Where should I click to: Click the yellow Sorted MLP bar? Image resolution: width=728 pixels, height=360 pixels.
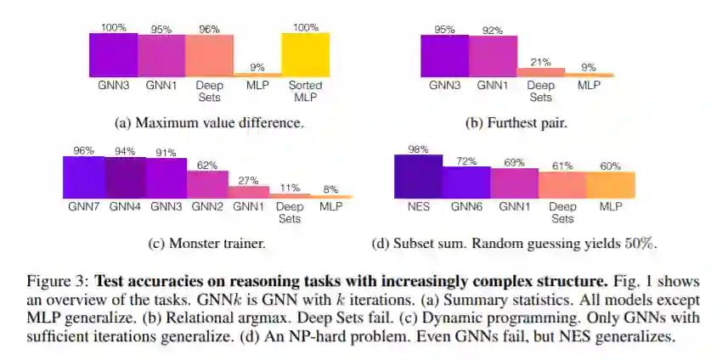pyautogui.click(x=306, y=55)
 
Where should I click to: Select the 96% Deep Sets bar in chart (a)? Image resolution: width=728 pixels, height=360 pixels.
pyautogui.click(x=209, y=56)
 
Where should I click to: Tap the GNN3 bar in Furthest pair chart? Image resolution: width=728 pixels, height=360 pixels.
pyautogui.click(x=444, y=56)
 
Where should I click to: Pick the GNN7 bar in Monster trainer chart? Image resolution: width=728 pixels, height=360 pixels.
pyautogui.click(x=83, y=177)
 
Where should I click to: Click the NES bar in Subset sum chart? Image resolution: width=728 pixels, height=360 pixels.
pyautogui.click(x=418, y=176)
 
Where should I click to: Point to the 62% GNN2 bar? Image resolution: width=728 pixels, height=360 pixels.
pyautogui.click(x=207, y=183)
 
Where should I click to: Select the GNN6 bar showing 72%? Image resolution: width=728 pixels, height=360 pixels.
pyautogui.click(x=466, y=182)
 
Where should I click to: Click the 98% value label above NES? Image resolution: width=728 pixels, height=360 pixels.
pyautogui.click(x=418, y=149)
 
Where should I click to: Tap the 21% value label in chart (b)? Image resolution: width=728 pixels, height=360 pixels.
pyautogui.click(x=540, y=62)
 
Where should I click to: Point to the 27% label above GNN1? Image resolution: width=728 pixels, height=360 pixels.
pyautogui.click(x=249, y=180)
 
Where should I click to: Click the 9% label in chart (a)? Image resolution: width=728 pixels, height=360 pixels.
pyautogui.click(x=257, y=67)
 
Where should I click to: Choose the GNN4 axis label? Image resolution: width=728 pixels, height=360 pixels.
pyautogui.click(x=125, y=205)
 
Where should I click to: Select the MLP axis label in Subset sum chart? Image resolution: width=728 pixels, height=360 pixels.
pyautogui.click(x=611, y=205)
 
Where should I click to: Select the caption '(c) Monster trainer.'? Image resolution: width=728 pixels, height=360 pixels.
pyautogui.click(x=206, y=244)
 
